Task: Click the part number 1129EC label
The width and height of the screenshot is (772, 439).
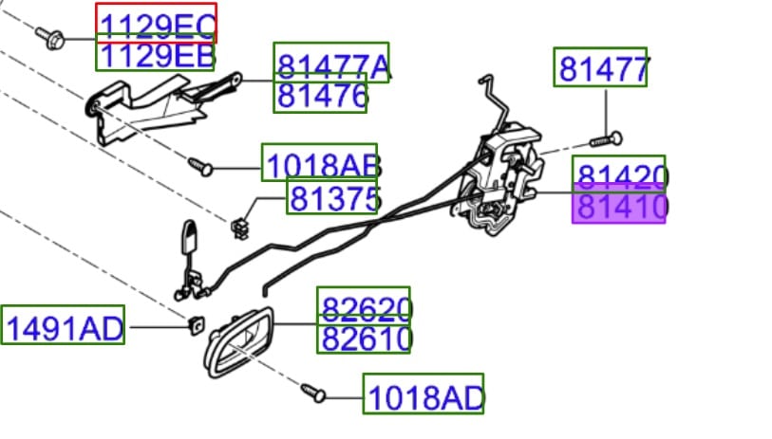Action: pos(156,23)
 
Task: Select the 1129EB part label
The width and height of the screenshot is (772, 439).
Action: pos(156,56)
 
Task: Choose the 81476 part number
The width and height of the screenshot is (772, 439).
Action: pos(320,97)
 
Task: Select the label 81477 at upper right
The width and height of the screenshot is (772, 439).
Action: pos(601,67)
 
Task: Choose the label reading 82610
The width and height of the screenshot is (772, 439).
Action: pos(364,337)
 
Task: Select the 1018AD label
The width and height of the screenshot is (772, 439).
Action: pos(424,394)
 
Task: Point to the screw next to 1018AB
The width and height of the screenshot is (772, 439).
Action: pos(199,166)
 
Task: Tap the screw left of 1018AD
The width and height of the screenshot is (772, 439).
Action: pos(313,390)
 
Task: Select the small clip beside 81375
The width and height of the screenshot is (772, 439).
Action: pos(239,224)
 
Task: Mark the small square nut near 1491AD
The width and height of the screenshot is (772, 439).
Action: pos(198,323)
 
